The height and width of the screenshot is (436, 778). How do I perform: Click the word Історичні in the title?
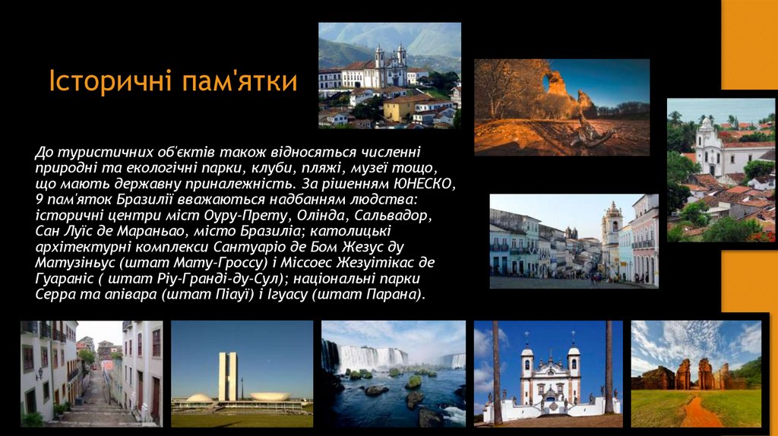click(x=109, y=82)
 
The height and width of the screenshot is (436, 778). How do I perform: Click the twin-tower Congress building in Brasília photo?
click(x=227, y=376)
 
